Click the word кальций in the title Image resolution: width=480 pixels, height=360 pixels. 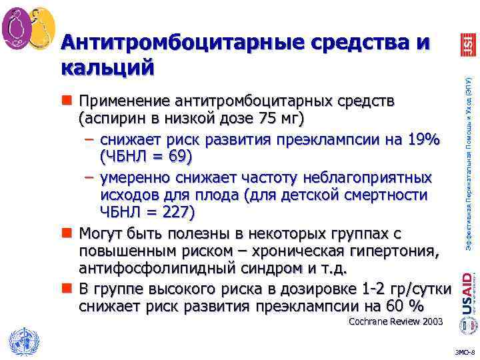click(107, 67)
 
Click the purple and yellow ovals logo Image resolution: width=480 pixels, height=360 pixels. click(29, 29)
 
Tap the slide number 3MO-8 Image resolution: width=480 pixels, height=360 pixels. click(463, 351)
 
